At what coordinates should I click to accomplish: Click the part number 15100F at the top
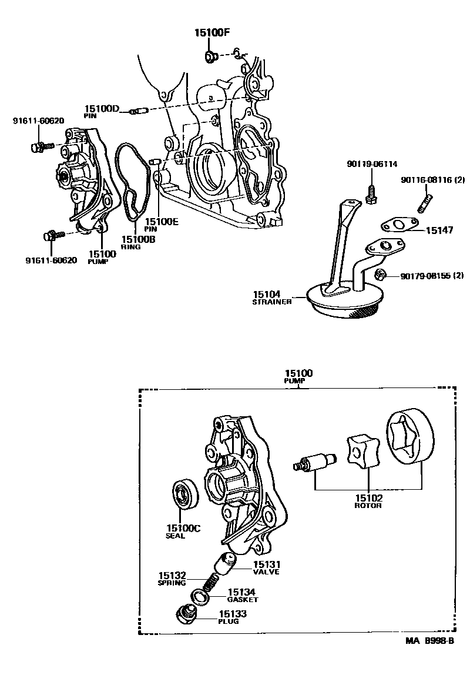pyautogui.click(x=212, y=33)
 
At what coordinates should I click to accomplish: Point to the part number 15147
pyautogui.click(x=439, y=230)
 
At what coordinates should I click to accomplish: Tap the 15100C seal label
pyautogui.click(x=183, y=528)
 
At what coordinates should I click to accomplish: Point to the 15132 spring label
pyautogui.click(x=172, y=576)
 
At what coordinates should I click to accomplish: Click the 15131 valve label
pyautogui.click(x=266, y=564)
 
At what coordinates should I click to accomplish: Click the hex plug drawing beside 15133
pyautogui.click(x=186, y=616)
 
